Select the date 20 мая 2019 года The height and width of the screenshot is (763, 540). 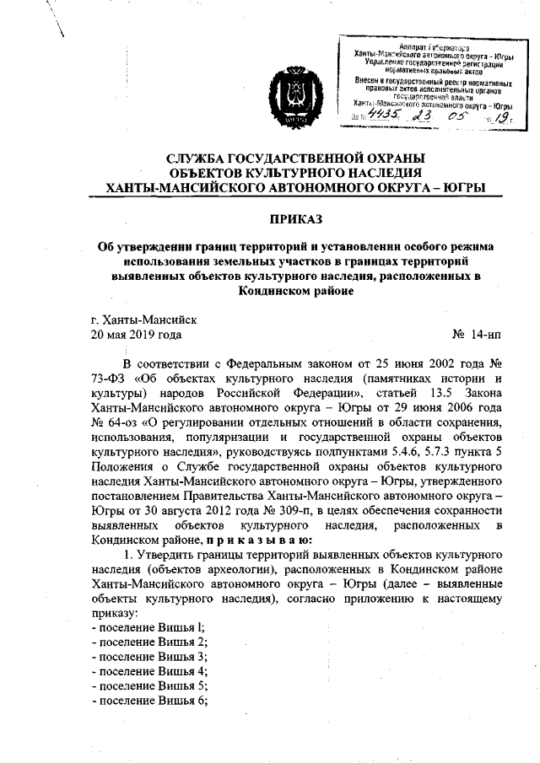(x=136, y=335)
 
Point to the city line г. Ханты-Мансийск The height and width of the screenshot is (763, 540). (x=143, y=320)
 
